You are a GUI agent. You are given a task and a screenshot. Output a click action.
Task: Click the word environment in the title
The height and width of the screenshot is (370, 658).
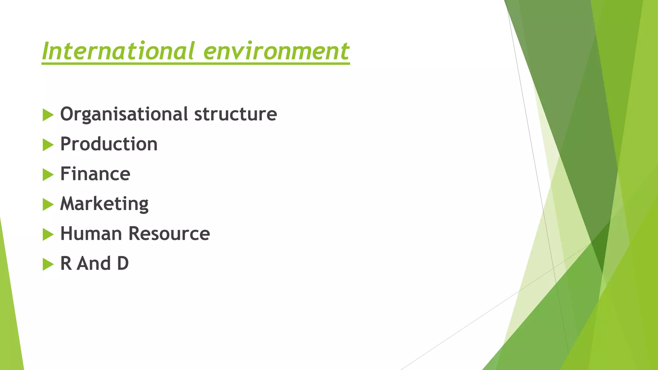point(276,51)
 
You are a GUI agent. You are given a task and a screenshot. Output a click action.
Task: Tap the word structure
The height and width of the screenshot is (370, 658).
point(236,114)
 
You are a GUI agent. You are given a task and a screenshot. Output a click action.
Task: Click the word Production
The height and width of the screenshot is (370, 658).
point(109,144)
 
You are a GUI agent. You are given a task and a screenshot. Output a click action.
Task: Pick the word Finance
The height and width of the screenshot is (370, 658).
point(95,174)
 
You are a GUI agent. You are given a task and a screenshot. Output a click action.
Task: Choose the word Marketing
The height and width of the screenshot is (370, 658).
point(104,204)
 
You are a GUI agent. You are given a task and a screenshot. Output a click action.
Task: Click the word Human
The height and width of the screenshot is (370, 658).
point(91,233)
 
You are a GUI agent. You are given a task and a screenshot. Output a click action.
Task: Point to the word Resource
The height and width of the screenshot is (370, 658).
point(169,233)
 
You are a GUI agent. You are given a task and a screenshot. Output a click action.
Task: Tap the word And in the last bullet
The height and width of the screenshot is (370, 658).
point(94,263)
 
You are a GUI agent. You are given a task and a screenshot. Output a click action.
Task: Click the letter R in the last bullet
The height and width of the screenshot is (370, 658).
point(66,263)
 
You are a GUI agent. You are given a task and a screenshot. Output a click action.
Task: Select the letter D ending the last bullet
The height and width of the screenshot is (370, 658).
point(123,263)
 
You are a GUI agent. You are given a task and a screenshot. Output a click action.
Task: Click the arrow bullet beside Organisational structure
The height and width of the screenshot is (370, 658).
point(48,115)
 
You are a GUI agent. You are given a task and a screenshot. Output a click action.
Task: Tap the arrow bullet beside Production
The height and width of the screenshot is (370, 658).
point(48,145)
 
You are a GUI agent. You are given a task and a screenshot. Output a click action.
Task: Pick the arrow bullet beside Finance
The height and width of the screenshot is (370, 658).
point(48,175)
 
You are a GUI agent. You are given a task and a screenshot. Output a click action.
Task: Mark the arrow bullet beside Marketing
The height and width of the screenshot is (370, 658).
point(48,205)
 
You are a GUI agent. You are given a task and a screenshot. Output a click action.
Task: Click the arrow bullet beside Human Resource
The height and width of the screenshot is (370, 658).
point(48,234)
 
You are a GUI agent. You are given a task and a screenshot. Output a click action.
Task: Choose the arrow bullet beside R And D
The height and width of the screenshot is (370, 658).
point(48,264)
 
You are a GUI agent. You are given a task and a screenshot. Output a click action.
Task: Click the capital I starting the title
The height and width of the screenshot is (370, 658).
point(46,51)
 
